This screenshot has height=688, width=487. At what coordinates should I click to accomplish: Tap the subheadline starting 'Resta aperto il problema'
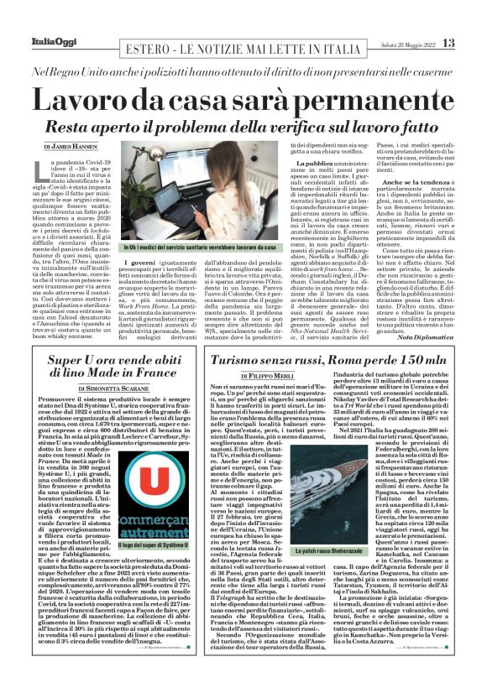tap(243, 128)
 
